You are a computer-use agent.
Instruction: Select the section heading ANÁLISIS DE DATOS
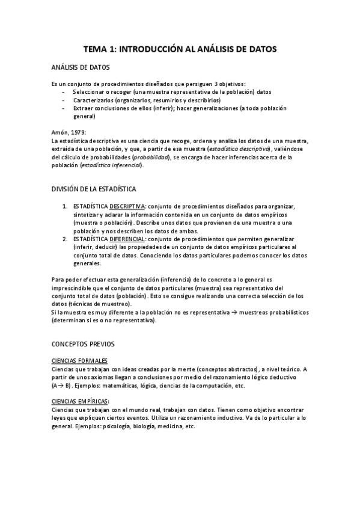[x=81, y=68]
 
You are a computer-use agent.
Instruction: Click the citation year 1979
[x=78, y=132]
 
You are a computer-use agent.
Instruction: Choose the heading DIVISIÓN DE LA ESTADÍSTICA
[x=94, y=189]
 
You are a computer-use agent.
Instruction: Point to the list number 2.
[x=64, y=238]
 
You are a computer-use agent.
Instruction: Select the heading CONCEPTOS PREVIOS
[x=79, y=344]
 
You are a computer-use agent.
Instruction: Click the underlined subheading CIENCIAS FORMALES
[x=79, y=360]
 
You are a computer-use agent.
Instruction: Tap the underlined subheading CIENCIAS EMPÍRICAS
[x=81, y=401]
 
